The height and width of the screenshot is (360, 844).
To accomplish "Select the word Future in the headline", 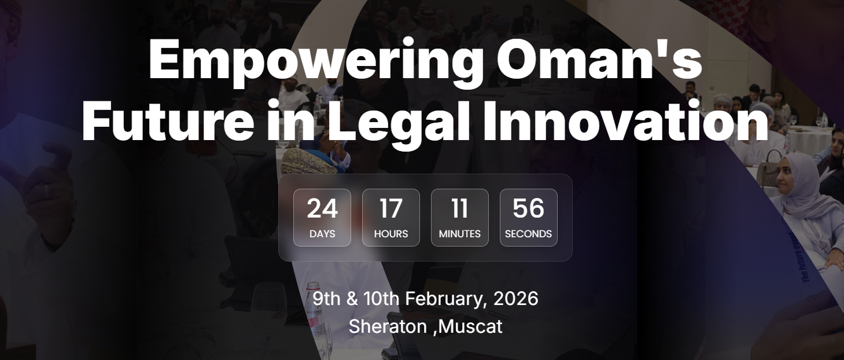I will pyautogui.click(x=167, y=122).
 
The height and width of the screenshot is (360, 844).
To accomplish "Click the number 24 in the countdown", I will pyautogui.click(x=322, y=208).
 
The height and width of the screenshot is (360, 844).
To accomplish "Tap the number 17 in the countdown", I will pyautogui.click(x=391, y=208).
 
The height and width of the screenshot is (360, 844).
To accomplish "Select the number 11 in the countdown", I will pyautogui.click(x=460, y=208).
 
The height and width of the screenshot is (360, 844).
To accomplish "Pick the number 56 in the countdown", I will pyautogui.click(x=529, y=208).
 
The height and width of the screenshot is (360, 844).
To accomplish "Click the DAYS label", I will pyautogui.click(x=322, y=234).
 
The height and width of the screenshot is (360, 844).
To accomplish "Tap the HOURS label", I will pyautogui.click(x=391, y=234).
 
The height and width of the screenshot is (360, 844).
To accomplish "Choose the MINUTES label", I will pyautogui.click(x=460, y=234).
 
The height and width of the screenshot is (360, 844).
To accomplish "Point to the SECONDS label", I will pyautogui.click(x=529, y=234).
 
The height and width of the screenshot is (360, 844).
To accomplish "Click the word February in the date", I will pyautogui.click(x=444, y=299).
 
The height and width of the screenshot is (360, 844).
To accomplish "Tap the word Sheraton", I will pyautogui.click(x=388, y=326).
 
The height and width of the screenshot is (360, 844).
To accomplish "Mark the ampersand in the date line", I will pyautogui.click(x=352, y=299).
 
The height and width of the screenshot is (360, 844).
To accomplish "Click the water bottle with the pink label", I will pyautogui.click(x=315, y=318).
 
